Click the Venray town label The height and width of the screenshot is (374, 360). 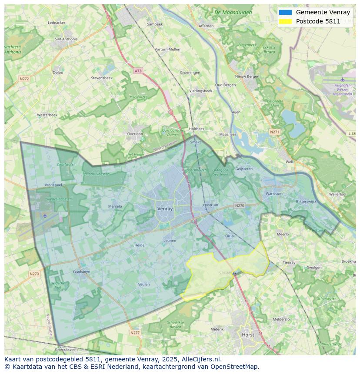pyautogui.click(x=165, y=209)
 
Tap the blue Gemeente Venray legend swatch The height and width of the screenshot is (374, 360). pyautogui.click(x=286, y=13)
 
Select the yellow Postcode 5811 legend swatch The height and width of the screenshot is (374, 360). pyautogui.click(x=286, y=21)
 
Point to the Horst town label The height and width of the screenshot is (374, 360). pyautogui.click(x=248, y=335)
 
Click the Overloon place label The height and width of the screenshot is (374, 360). pyautogui.click(x=135, y=134)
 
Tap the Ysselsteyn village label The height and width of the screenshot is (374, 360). pyautogui.click(x=81, y=272)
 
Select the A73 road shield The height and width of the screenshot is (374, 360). pyautogui.click(x=138, y=71)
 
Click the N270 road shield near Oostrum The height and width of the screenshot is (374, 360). pyautogui.click(x=240, y=205)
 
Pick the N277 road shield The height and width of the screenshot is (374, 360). pyautogui.click(x=135, y=333)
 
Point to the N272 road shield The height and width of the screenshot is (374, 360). pyautogui.click(x=24, y=79)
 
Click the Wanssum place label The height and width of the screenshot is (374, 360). pyautogui.click(x=274, y=194)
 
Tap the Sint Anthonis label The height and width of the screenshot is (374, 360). pyautogui.click(x=66, y=39)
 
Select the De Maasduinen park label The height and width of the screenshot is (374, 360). pyautogui.click(x=233, y=13)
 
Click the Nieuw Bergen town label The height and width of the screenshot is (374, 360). pyautogui.click(x=247, y=76)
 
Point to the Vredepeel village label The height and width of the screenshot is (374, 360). pyautogui.click(x=53, y=185)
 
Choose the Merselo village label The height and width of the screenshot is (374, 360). pyautogui.click(x=115, y=206)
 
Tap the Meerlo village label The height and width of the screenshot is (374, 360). pyautogui.click(x=283, y=234)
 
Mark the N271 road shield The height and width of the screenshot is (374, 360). pyautogui.click(x=274, y=132)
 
